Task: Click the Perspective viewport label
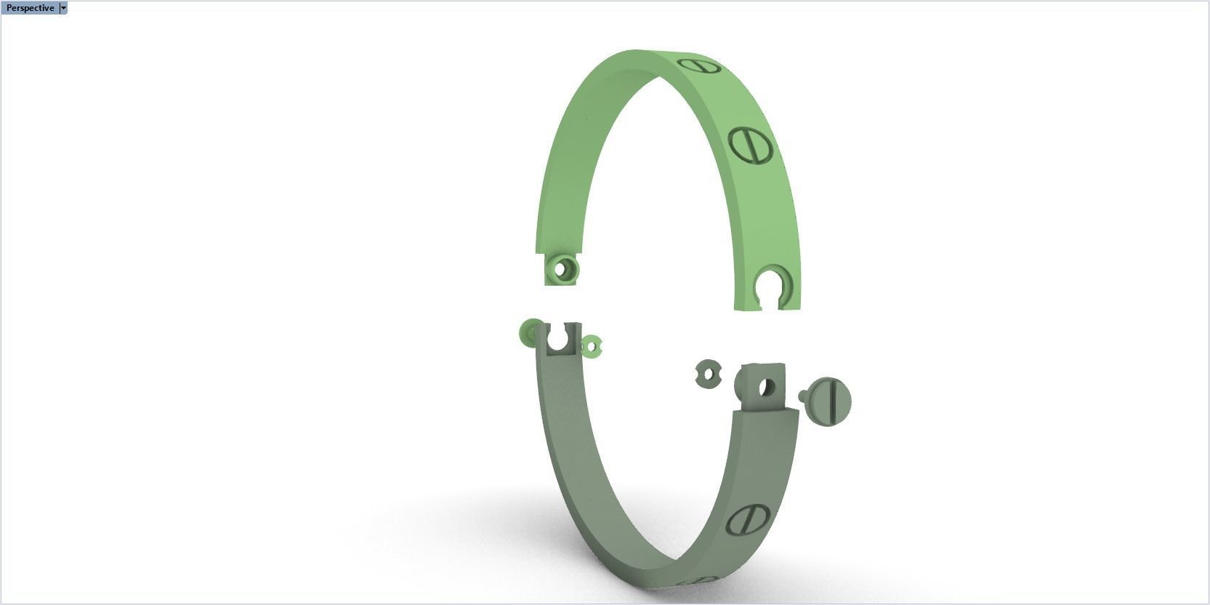click(29, 8)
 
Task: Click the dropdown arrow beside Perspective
click(63, 8)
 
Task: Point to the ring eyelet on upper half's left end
click(562, 269)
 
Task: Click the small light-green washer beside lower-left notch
click(592, 346)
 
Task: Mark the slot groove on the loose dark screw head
click(833, 401)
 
